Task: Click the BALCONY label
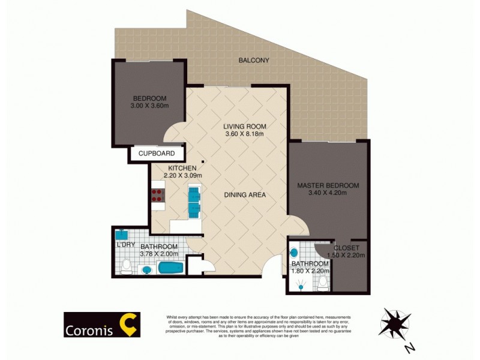coord(254,60)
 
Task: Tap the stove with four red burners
coord(158,195)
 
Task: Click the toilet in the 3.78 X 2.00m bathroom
coord(126,268)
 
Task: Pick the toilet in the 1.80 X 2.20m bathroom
coord(323,283)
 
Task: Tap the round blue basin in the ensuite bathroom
coord(294,253)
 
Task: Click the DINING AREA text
coord(245,195)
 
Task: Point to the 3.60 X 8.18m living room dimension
coord(245,134)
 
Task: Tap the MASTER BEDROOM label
coord(328,185)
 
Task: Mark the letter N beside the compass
coord(409,348)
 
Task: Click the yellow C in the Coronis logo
coord(129,324)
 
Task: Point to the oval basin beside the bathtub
coord(147,271)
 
